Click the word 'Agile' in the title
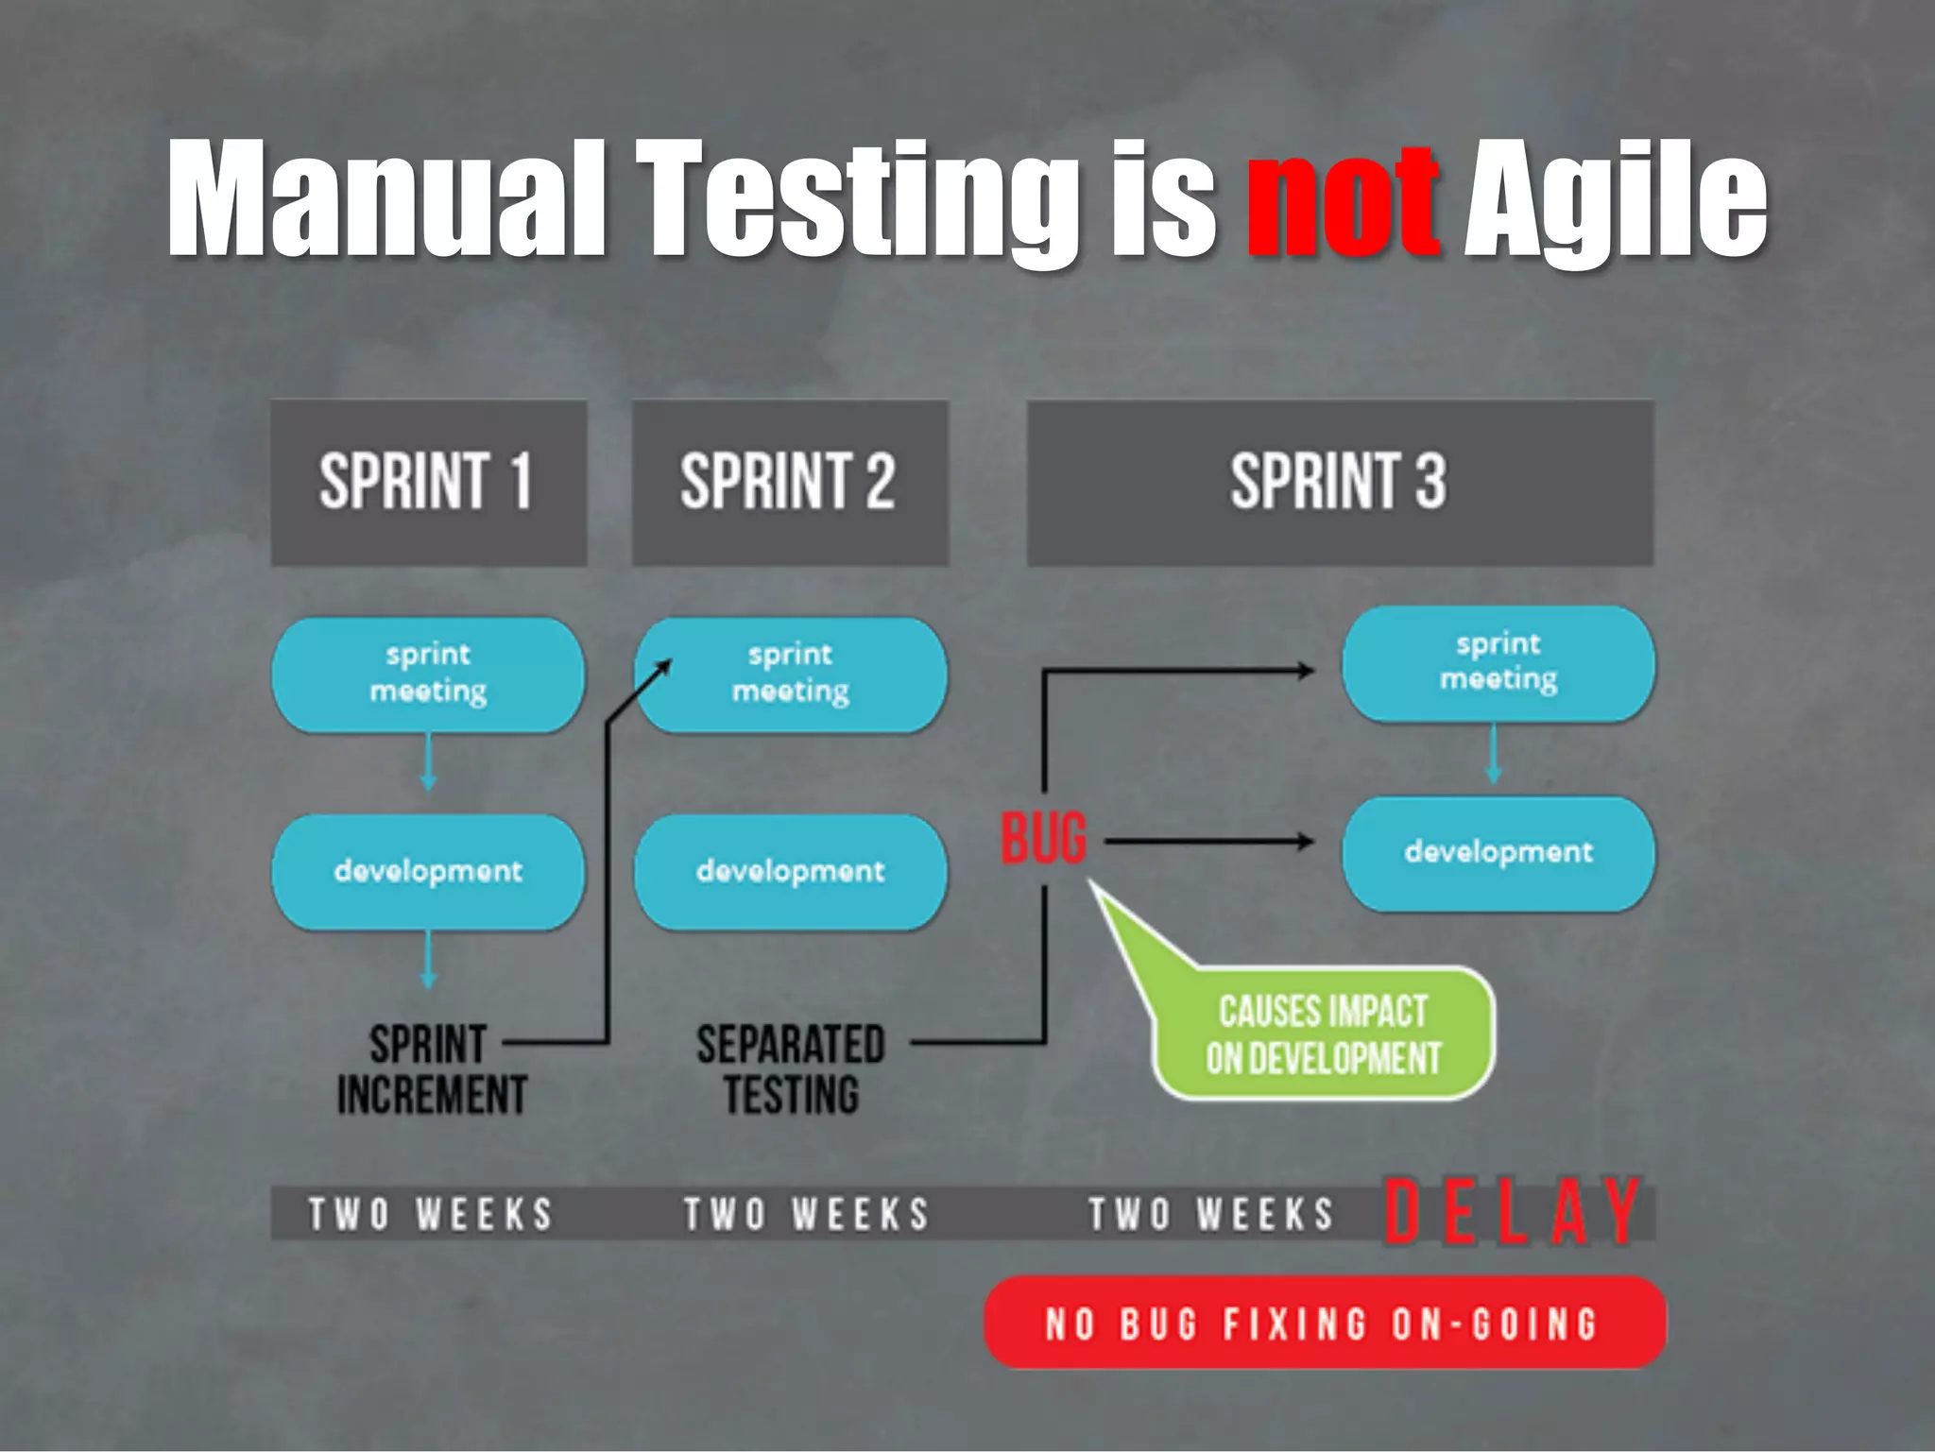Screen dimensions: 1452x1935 pyautogui.click(x=1615, y=200)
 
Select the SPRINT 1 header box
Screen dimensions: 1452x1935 pyautogui.click(x=428, y=483)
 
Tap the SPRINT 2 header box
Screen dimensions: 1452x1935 pyautogui.click(x=790, y=483)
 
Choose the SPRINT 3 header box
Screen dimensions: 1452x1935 pyautogui.click(x=1340, y=483)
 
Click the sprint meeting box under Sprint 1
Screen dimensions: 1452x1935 pyautogui.click(x=428, y=675)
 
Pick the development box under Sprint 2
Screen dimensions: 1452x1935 pyautogui.click(x=790, y=871)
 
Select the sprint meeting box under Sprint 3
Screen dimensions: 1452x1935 pyautogui.click(x=1498, y=663)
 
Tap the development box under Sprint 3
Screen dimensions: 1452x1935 pyautogui.click(x=1498, y=853)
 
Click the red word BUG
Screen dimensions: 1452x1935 pyautogui.click(x=1044, y=839)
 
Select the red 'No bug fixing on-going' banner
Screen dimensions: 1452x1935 pyautogui.click(x=1325, y=1323)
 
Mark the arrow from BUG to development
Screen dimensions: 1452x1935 pyautogui.click(x=1209, y=841)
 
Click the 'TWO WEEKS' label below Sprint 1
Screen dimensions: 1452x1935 pyautogui.click(x=431, y=1214)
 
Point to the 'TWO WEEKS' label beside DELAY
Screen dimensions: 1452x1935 pyautogui.click(x=1211, y=1214)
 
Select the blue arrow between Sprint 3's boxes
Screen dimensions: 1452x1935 pyautogui.click(x=1494, y=755)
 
